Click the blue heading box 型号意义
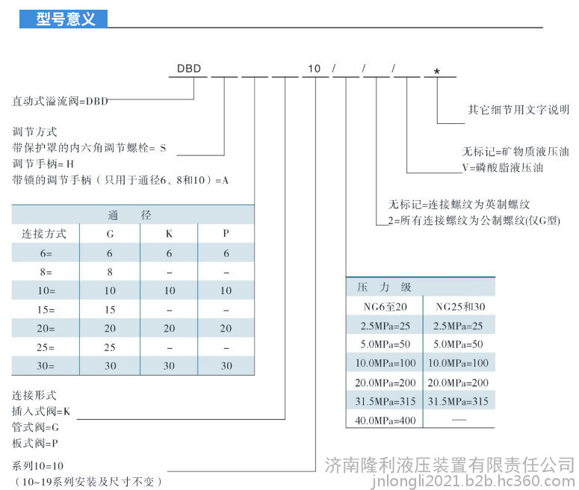coord(64,19)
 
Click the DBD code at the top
coord(189,69)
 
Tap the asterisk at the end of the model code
coord(437,71)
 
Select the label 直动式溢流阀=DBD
coord(60,101)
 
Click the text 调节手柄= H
coord(43,164)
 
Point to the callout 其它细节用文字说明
coord(518,109)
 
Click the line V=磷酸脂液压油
coord(503,168)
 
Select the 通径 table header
coord(129,215)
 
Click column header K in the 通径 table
coord(169,234)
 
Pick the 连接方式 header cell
coord(44,234)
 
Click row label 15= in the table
coord(46,309)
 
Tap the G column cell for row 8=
coord(110,272)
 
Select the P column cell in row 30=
coord(226,366)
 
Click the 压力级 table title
coord(384,287)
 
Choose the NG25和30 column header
coord(460,306)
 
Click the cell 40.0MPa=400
coord(386,421)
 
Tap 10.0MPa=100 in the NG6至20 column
coord(386,363)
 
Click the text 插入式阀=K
coord(41,411)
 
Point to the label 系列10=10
coord(37,465)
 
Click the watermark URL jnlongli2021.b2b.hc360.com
coord(473,481)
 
